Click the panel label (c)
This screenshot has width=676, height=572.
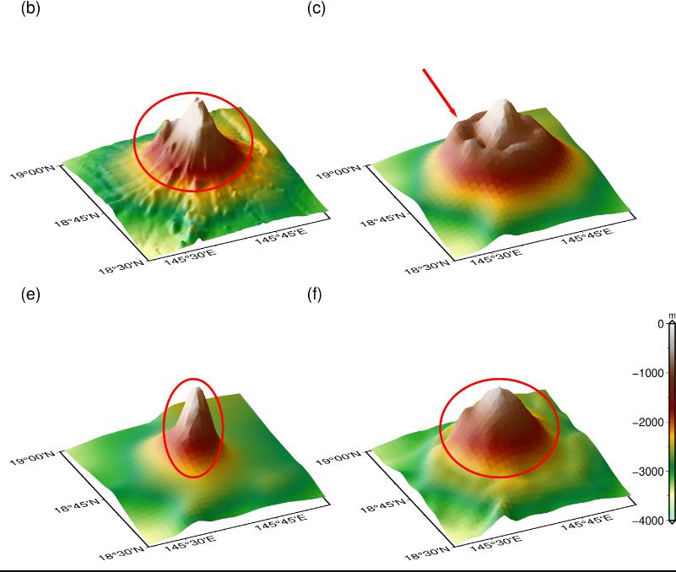click(x=316, y=9)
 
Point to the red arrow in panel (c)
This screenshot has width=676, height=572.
click(x=440, y=93)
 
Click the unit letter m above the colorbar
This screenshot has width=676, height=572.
click(x=672, y=316)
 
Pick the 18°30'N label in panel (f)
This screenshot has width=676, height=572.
click(x=429, y=554)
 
